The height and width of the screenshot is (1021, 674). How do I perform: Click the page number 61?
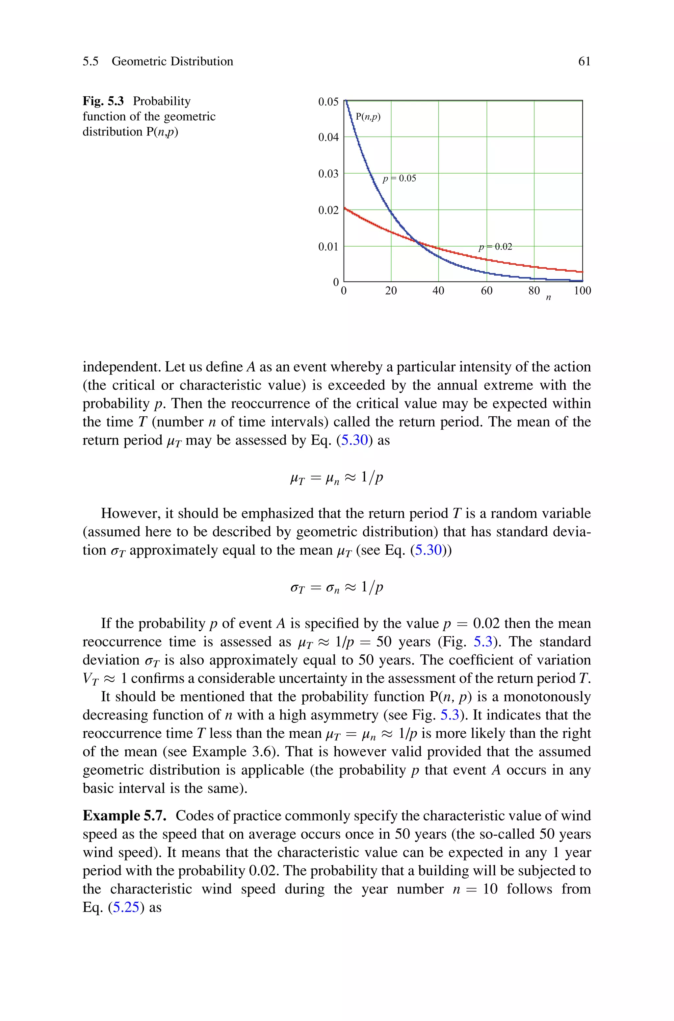(584, 61)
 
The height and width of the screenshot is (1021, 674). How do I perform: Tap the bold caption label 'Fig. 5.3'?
(103, 101)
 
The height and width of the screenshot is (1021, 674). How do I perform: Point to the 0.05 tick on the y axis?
(328, 102)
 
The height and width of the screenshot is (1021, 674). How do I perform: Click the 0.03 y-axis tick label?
(328, 174)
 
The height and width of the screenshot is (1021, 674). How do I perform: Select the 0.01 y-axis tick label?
(328, 247)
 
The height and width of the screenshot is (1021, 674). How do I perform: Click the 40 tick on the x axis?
(438, 291)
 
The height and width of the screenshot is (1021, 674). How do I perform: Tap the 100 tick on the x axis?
(582, 291)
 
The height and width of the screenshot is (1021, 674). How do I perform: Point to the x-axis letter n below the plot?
(548, 297)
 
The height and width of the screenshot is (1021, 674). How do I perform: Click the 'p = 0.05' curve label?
(399, 179)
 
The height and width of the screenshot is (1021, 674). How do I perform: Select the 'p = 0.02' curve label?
(495, 247)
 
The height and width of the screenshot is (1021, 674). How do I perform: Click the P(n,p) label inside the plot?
(368, 117)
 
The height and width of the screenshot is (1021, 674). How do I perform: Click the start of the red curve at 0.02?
(345, 209)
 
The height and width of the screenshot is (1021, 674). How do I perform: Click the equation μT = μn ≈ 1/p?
(337, 477)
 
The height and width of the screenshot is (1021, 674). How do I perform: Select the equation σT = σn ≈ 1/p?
(337, 587)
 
